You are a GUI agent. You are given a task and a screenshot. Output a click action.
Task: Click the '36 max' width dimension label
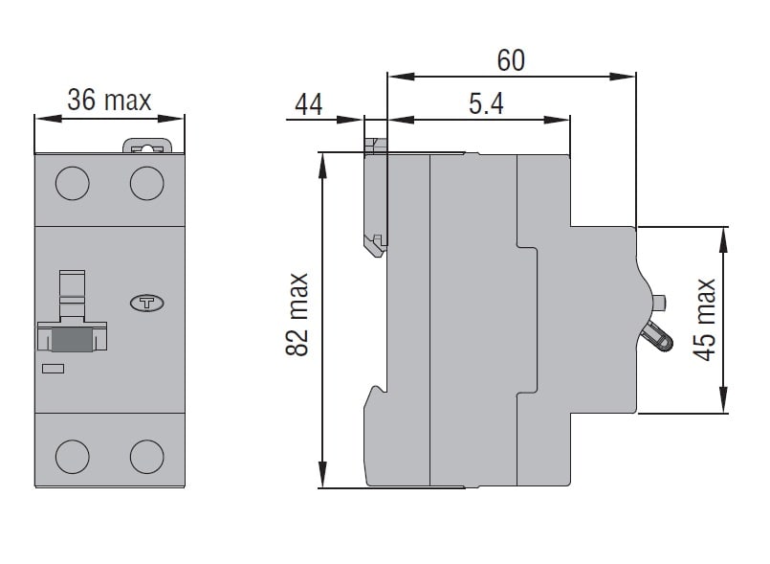[109, 100]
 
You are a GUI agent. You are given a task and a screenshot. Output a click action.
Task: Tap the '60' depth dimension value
[511, 60]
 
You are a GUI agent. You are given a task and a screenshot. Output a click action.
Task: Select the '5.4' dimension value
[486, 103]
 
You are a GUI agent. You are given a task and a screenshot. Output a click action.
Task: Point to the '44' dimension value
[309, 104]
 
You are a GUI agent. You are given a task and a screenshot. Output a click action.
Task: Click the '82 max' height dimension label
[297, 314]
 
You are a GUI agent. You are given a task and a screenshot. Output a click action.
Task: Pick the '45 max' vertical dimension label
[704, 320]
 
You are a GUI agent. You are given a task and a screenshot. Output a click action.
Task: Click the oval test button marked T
[147, 303]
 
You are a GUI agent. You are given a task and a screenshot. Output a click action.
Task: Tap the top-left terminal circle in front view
[72, 183]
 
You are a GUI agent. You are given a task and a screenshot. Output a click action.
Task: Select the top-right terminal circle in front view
[147, 183]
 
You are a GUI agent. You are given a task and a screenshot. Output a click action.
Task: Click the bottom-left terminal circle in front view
[72, 457]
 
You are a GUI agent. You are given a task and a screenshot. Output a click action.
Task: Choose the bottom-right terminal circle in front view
[147, 457]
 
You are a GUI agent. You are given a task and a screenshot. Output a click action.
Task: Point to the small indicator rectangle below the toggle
[53, 369]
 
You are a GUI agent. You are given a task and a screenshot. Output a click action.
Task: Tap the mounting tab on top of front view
[147, 147]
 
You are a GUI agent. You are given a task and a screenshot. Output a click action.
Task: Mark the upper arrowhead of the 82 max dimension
[322, 166]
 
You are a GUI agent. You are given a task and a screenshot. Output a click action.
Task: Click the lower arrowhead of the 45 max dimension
[723, 400]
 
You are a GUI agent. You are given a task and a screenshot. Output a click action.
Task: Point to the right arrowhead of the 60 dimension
[623, 77]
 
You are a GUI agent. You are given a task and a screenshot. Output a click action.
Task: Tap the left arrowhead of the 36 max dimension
[48, 119]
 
